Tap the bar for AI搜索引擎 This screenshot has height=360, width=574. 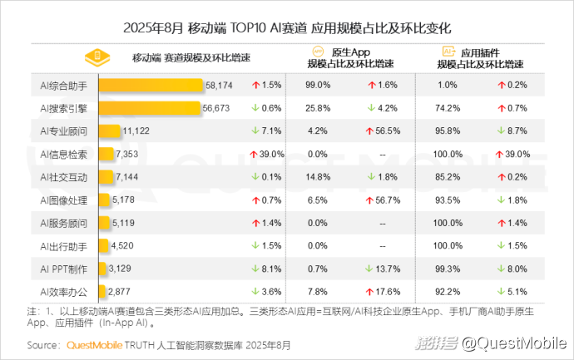tap(150, 107)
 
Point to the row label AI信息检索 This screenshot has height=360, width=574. tap(64, 154)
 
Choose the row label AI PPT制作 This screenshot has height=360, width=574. tap(64, 269)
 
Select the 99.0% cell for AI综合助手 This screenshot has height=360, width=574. tap(318, 85)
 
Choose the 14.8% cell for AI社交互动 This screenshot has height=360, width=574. tap(318, 176)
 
